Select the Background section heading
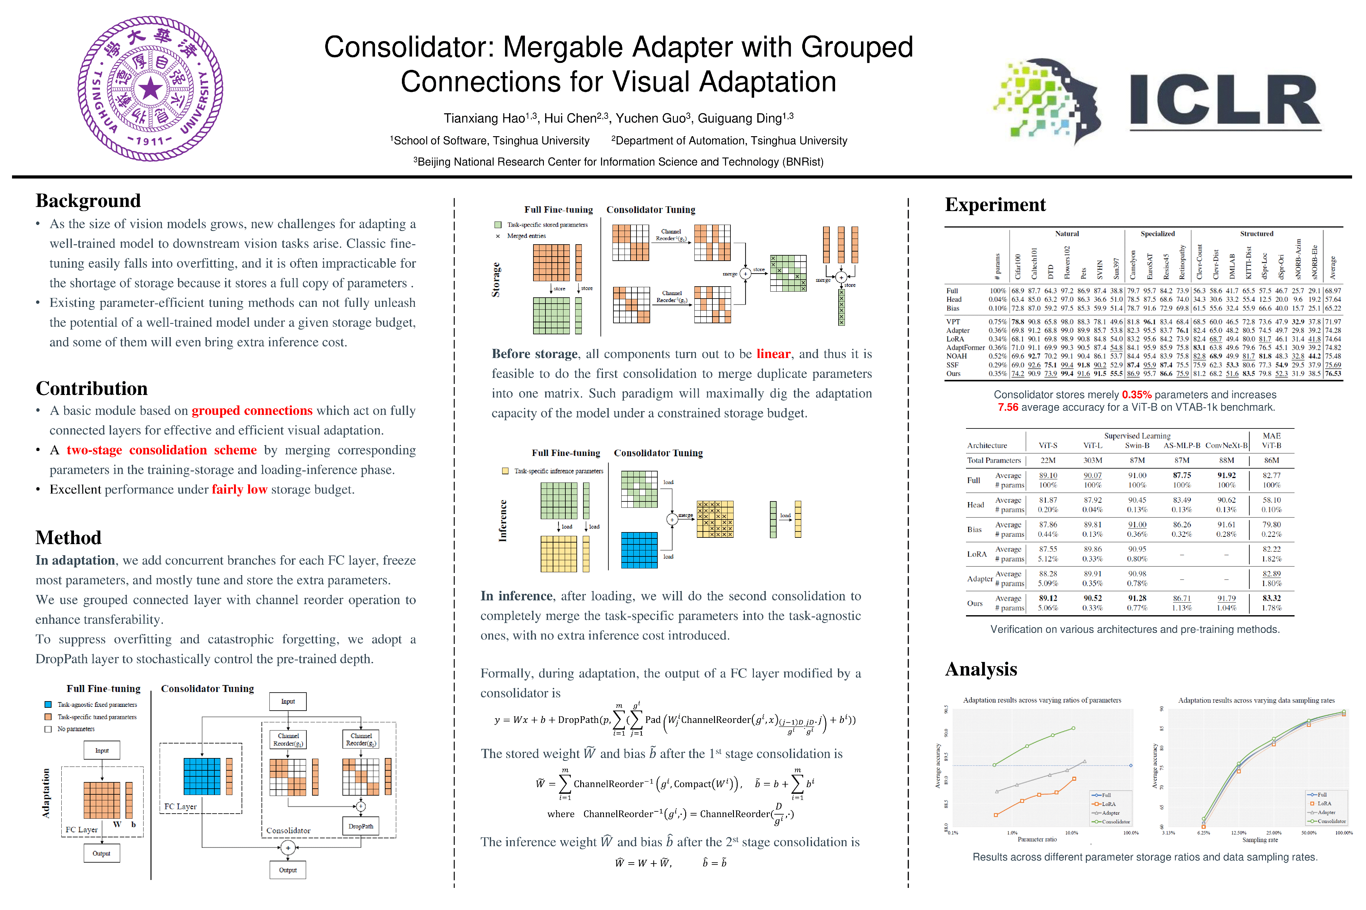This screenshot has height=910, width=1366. [88, 201]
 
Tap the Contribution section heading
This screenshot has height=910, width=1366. [92, 388]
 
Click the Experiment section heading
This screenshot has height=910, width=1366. [995, 205]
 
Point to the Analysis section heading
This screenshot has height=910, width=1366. [981, 669]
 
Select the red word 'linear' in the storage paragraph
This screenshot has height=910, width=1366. [773, 354]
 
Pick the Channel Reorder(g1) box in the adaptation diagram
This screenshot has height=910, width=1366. [288, 739]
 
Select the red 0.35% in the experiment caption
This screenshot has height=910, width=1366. [1136, 395]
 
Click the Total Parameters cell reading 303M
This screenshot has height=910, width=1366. [1092, 460]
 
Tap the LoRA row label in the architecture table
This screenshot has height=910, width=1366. [977, 554]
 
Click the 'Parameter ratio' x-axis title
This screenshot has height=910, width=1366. [1037, 839]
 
